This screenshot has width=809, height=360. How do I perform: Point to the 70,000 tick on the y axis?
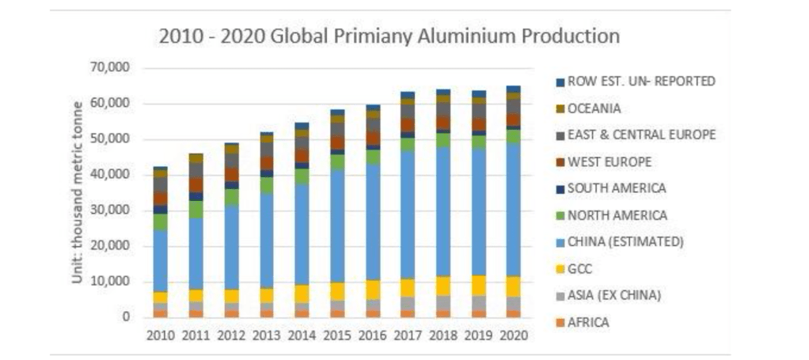click(x=112, y=68)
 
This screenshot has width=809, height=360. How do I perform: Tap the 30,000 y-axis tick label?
click(x=112, y=210)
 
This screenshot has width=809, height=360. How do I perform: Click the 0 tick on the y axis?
click(x=126, y=317)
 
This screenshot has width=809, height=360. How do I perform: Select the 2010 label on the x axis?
click(x=160, y=335)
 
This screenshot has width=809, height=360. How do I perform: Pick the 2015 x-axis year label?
click(x=337, y=335)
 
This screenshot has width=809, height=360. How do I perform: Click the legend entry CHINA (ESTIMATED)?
click(x=625, y=242)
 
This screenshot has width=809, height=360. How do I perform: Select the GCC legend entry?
click(x=579, y=269)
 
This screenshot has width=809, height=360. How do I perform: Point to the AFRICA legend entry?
click(x=589, y=322)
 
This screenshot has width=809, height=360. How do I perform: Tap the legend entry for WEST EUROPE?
click(x=609, y=161)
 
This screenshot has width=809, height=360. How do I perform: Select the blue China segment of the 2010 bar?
click(x=160, y=261)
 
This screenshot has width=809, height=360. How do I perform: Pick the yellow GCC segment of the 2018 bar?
click(x=443, y=286)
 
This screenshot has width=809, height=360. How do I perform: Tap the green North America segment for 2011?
click(x=196, y=209)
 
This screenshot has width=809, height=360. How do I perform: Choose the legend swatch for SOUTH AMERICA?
click(x=560, y=188)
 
